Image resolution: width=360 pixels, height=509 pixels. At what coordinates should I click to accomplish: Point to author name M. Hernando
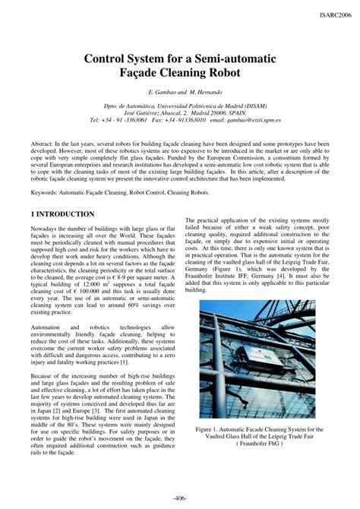tap(201, 92)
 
